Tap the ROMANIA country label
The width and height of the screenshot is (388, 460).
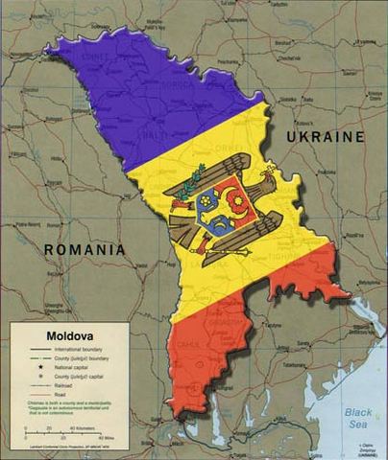click(x=85, y=249)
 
